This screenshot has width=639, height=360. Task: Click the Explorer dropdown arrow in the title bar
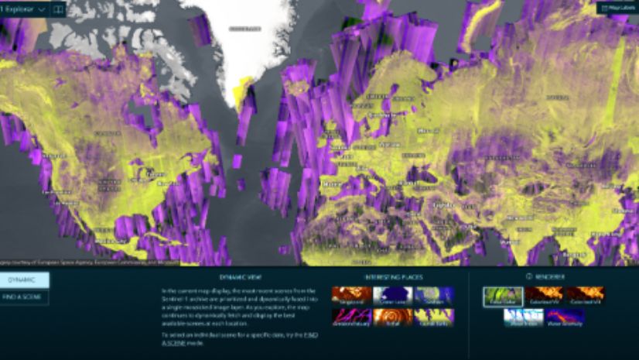coord(41,9)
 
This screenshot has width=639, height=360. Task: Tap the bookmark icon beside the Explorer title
coord(58,9)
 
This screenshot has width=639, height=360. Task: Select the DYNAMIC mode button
coord(24,280)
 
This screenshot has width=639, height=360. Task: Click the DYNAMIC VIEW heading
coord(240,276)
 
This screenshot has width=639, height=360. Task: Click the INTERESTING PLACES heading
coord(393,276)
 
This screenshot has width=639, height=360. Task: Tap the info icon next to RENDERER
coord(529,276)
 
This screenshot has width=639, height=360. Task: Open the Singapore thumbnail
coord(351,295)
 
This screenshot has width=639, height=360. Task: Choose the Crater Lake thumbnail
coord(392,295)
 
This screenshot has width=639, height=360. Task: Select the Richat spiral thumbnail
coord(392,317)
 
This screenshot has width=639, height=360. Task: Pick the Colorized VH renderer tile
coord(585,295)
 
